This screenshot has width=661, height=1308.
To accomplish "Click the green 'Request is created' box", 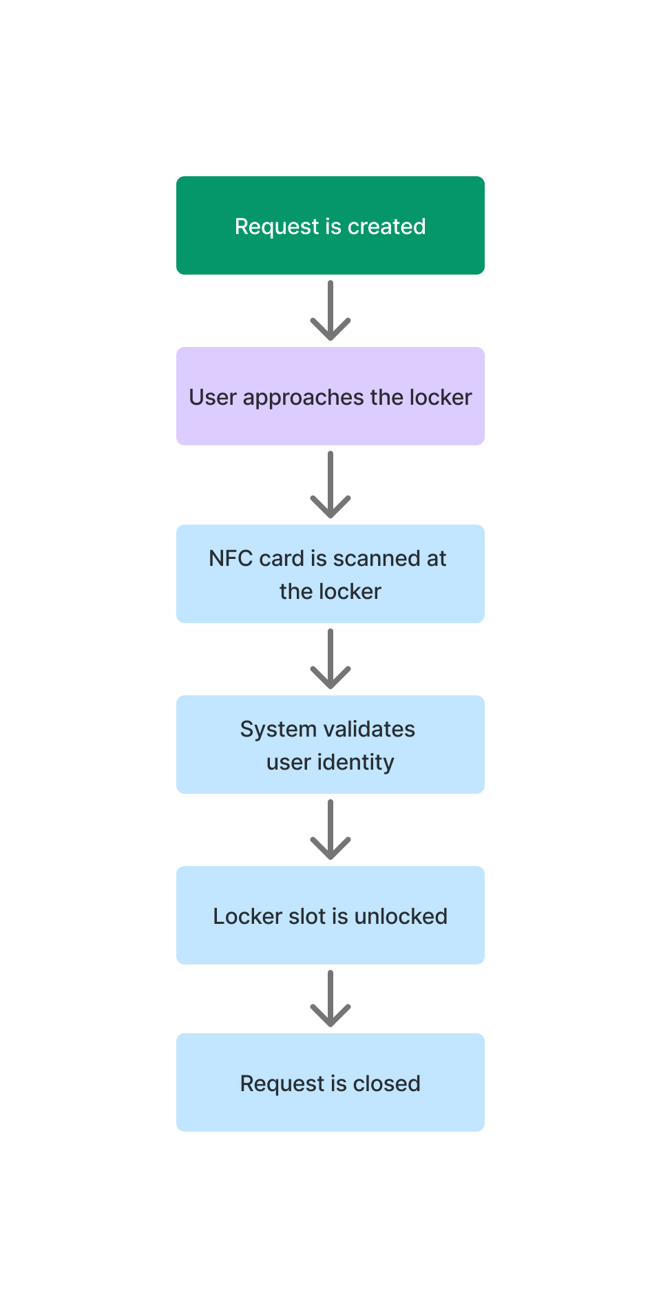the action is [x=330, y=225].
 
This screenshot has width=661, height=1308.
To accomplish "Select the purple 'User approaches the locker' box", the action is [x=330, y=396].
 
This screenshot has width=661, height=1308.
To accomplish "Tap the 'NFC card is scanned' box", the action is [x=330, y=573].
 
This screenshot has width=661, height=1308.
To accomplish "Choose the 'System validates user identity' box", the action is [x=330, y=744].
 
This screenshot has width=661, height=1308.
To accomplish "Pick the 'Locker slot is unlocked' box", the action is [x=330, y=915].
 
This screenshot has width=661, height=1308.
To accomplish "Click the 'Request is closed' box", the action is [x=330, y=1082].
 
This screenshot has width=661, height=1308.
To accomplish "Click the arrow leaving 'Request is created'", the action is [x=330, y=310].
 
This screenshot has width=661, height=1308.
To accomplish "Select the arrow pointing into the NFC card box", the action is [x=330, y=485].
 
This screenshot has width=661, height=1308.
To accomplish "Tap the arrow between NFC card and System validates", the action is [x=330, y=659].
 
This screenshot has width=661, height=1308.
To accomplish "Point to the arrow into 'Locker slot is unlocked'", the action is [x=330, y=830].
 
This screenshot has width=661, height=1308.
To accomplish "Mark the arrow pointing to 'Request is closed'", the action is [x=330, y=999].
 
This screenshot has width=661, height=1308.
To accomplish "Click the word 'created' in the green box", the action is [x=387, y=226].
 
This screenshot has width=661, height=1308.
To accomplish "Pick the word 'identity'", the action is [x=355, y=763].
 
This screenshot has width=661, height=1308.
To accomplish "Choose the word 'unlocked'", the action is [x=401, y=916].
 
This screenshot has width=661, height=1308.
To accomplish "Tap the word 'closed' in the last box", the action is [x=386, y=1084].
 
